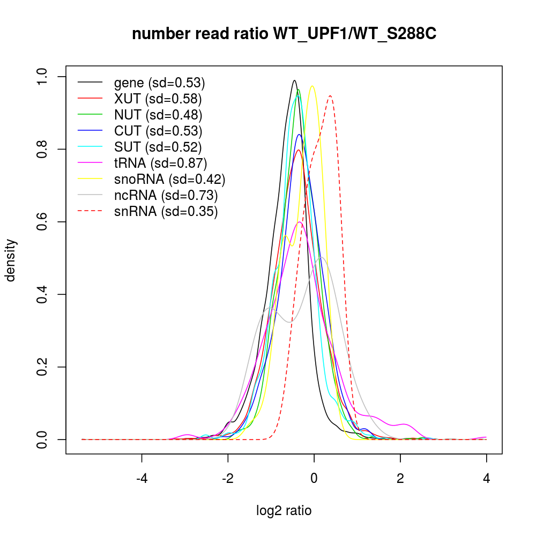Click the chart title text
pyautogui.click(x=284, y=34)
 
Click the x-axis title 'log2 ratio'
pyautogui.click(x=284, y=510)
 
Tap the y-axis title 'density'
pyautogui.click(x=11, y=260)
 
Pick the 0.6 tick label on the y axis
pyautogui.click(x=42, y=222)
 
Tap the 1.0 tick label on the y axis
pyautogui.click(x=42, y=77)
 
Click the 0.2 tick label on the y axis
pyautogui.click(x=42, y=367)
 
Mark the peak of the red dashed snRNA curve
pyautogui.click(x=331, y=96)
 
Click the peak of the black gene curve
pyautogui.click(x=294, y=80)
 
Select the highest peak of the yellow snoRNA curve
pyautogui.click(x=312, y=86)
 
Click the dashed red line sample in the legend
pyautogui.click(x=90, y=211)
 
